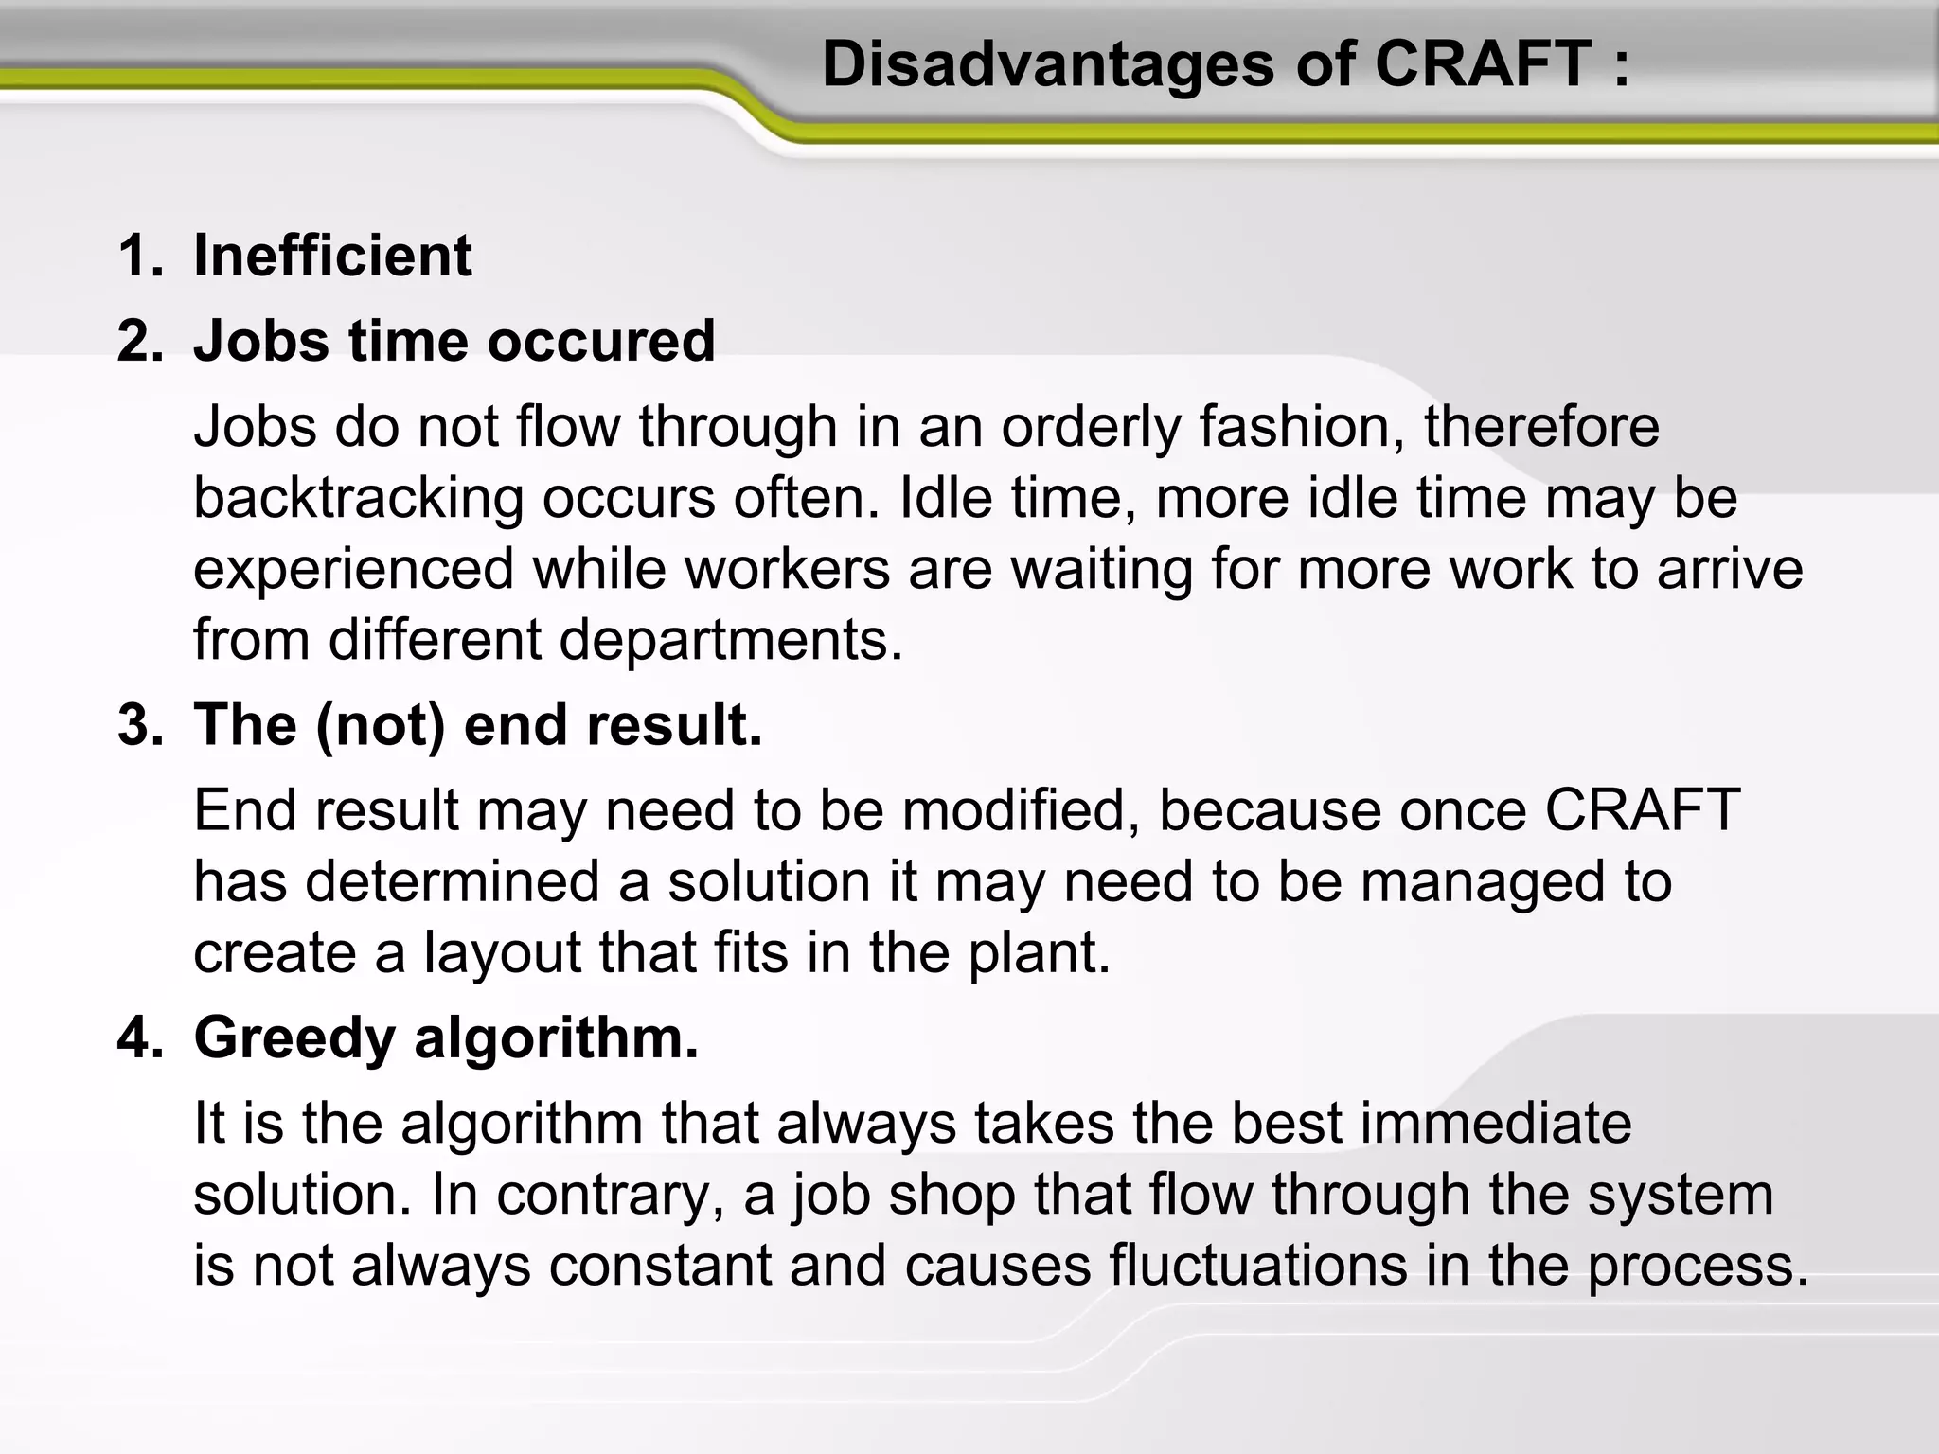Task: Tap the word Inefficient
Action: click(332, 256)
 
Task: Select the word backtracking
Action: click(358, 499)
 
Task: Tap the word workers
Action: click(787, 570)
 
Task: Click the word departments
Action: click(730, 640)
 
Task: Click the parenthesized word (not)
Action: click(380, 726)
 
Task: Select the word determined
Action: click(453, 881)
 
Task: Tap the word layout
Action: click(502, 953)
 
